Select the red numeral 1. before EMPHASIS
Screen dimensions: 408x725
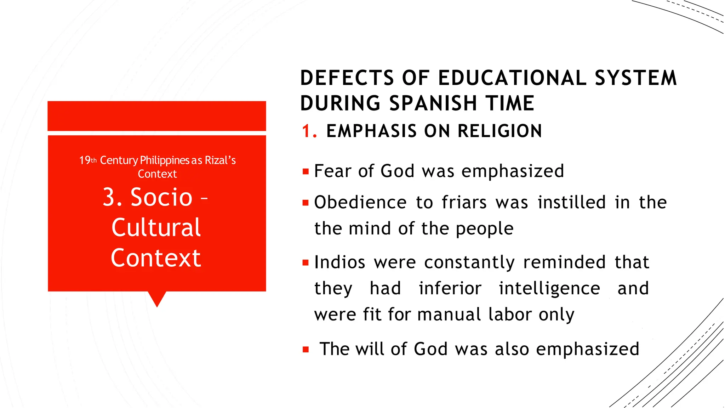click(x=309, y=131)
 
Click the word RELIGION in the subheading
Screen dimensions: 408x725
click(x=499, y=131)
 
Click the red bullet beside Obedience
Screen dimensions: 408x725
click(x=306, y=203)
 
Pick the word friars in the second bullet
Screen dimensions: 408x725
click(x=464, y=203)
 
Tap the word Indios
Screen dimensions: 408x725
click(x=339, y=262)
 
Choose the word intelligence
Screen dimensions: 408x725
click(x=549, y=288)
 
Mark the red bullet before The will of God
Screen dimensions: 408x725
click(x=306, y=350)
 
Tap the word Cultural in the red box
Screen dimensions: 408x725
click(x=156, y=227)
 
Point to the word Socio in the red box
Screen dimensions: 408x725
click(x=161, y=197)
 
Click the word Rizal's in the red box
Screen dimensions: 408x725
click(x=220, y=160)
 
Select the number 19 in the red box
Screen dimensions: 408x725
click(x=85, y=160)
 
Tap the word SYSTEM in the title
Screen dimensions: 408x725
click(x=635, y=78)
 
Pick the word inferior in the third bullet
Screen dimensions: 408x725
click(x=450, y=288)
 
